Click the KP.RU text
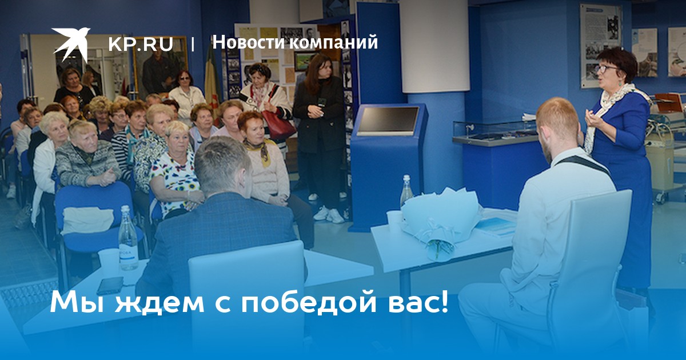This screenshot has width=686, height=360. (141, 45)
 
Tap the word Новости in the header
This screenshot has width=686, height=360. (249, 42)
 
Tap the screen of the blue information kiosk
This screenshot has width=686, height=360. (388, 120)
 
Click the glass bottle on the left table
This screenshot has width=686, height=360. (128, 238)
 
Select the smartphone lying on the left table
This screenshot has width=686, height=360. (110, 285)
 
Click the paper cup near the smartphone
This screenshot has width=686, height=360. (109, 262)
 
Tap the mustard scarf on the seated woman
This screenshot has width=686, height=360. (261, 151)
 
